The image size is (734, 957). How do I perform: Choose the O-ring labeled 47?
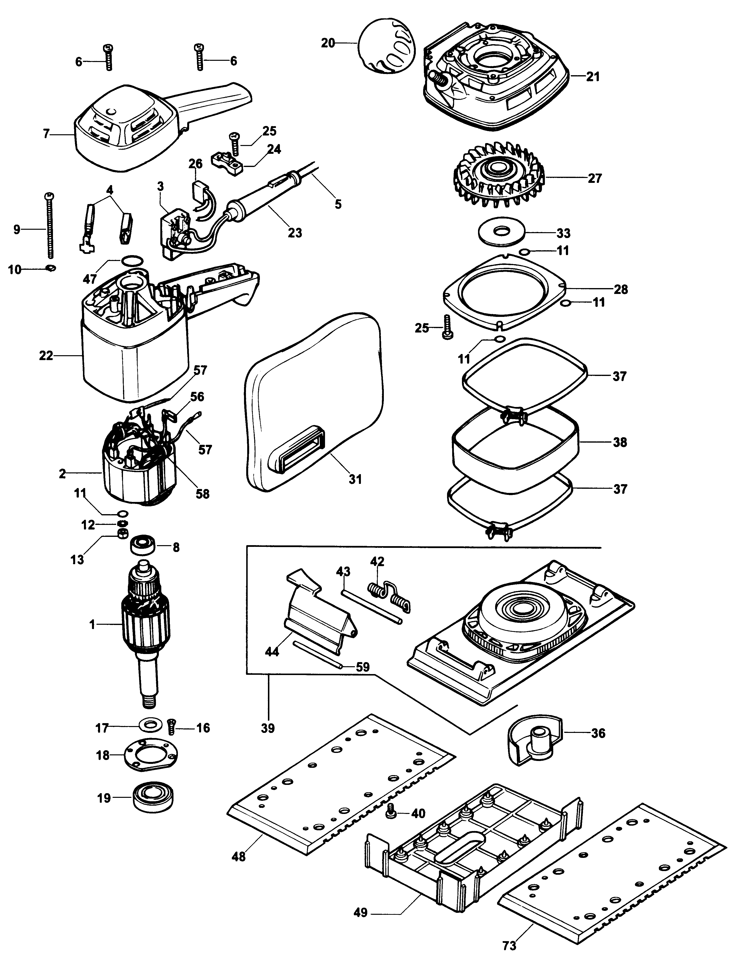point(133,261)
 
